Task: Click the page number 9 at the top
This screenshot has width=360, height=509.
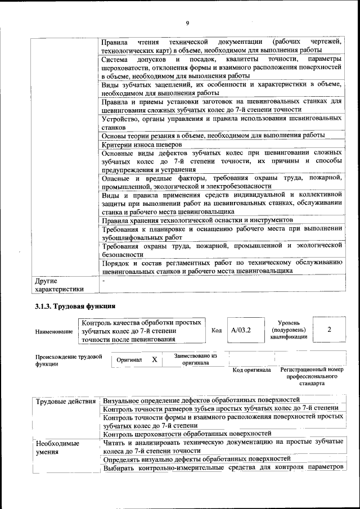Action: (x=188, y=22)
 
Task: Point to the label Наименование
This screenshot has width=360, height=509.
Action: (x=54, y=332)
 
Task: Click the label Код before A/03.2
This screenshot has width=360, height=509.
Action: (x=216, y=331)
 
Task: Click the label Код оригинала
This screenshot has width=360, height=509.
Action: (x=251, y=370)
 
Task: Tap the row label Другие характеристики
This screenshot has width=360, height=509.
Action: (x=59, y=285)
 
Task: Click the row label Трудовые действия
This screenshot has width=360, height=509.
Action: (x=66, y=401)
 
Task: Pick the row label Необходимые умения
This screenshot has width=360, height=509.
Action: (x=57, y=447)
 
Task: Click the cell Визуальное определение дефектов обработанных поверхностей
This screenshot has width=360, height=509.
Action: (x=202, y=400)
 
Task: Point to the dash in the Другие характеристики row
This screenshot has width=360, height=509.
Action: (x=104, y=280)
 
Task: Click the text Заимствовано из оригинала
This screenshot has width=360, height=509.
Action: (x=195, y=359)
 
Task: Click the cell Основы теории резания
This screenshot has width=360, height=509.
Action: (x=213, y=136)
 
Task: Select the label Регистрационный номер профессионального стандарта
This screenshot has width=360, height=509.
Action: (x=311, y=376)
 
